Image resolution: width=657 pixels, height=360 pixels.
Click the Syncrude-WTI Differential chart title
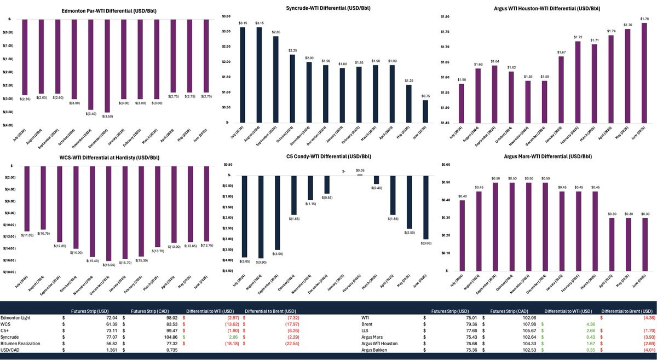(x=329, y=9)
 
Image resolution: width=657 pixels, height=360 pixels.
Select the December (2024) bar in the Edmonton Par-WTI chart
(x=107, y=66)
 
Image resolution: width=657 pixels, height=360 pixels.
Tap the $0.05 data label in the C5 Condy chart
(x=360, y=171)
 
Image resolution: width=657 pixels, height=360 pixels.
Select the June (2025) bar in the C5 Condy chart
(x=425, y=207)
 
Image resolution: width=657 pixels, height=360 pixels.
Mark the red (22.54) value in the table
(x=286, y=344)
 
